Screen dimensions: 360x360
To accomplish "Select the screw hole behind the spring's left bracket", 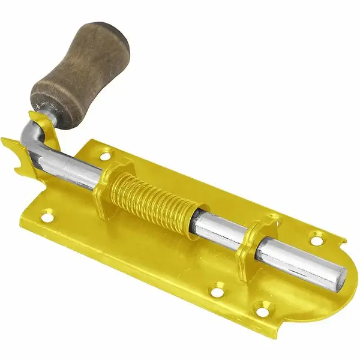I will [106, 156].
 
